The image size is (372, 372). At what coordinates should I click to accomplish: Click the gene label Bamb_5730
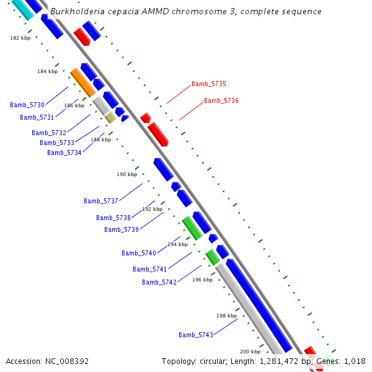(x=27, y=105)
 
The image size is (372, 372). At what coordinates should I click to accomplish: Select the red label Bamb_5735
(x=209, y=84)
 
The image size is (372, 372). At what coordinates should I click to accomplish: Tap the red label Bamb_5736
(x=221, y=100)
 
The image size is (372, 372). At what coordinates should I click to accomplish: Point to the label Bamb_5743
(x=196, y=335)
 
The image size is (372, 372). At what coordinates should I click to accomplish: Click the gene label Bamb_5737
(x=101, y=201)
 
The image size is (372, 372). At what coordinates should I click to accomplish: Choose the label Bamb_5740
(x=139, y=253)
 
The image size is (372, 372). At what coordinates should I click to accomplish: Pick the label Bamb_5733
(x=57, y=143)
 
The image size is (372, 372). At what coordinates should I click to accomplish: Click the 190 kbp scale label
(x=127, y=174)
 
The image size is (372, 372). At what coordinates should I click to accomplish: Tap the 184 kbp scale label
(x=47, y=71)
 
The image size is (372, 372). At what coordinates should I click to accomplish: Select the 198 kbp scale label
(x=226, y=316)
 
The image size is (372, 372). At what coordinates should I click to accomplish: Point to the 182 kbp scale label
(x=20, y=38)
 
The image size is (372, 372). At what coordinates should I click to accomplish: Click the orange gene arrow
(x=82, y=82)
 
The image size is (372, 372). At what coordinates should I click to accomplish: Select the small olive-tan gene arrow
(x=110, y=117)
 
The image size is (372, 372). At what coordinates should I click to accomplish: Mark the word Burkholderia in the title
(x=75, y=12)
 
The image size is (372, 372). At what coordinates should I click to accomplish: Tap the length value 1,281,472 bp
(x=285, y=361)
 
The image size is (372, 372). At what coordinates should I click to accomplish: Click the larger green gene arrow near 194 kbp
(x=192, y=228)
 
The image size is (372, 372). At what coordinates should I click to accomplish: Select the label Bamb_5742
(x=159, y=282)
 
